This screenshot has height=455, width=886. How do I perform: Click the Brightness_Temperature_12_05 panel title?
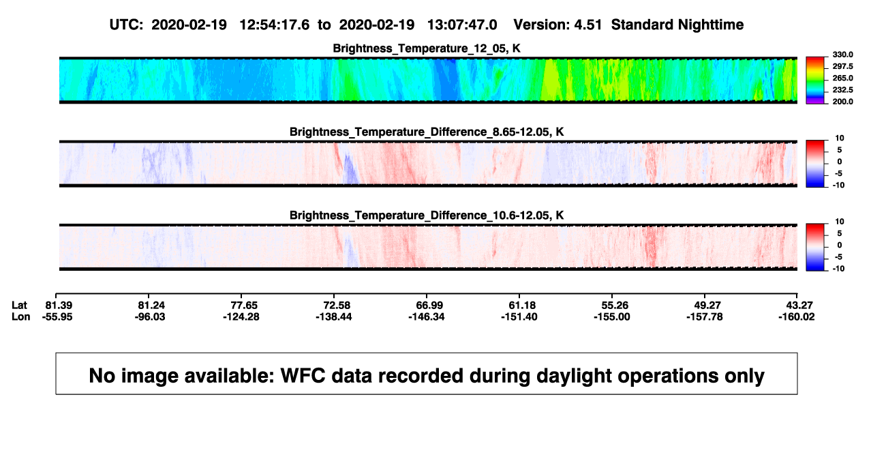pos(427,48)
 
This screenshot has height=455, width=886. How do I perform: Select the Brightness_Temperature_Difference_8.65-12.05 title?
pos(427,132)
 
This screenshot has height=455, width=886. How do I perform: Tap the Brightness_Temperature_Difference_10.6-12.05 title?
pos(427,216)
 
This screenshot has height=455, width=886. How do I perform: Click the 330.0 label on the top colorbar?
pos(842,55)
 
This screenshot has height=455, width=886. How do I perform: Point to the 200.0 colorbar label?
pos(842,102)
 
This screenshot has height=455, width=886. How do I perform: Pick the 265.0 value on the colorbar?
pos(842,78)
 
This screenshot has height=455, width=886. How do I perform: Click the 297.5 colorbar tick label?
pos(842,66)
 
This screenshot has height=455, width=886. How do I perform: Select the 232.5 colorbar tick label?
pos(842,90)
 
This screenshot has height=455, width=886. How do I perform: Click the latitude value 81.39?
pos(59,306)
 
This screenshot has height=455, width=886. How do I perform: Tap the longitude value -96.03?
pos(149,317)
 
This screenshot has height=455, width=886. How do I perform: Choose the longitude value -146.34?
pos(427,317)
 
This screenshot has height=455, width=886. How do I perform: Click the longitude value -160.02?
pos(797,317)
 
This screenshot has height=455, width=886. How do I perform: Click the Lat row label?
pos(19,306)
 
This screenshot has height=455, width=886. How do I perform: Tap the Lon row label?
pos(20,317)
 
